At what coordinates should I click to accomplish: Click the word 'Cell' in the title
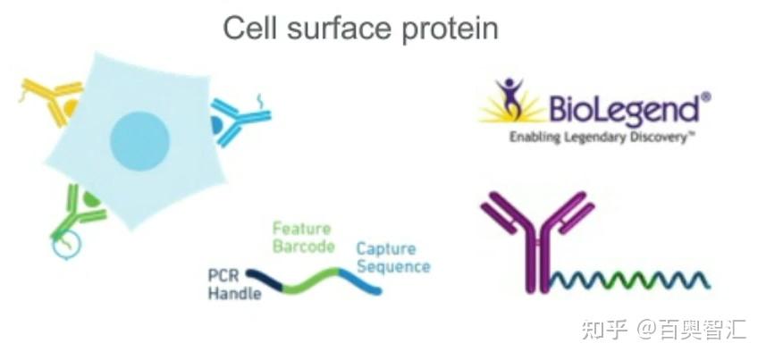click(x=250, y=28)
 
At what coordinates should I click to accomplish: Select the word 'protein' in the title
click(x=450, y=30)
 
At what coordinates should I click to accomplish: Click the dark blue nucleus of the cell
click(x=139, y=141)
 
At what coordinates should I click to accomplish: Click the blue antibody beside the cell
click(x=240, y=121)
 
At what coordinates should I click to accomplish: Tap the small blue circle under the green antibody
click(x=66, y=247)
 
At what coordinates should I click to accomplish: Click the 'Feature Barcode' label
click(x=303, y=238)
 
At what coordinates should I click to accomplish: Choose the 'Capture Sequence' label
click(x=393, y=257)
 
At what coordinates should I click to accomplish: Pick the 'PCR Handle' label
click(x=234, y=284)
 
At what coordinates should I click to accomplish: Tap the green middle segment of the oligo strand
click(x=311, y=280)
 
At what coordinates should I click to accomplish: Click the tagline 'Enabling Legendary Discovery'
click(x=602, y=138)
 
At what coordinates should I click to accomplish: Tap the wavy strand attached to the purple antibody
click(x=630, y=280)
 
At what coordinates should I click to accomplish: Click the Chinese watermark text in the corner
click(x=663, y=330)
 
